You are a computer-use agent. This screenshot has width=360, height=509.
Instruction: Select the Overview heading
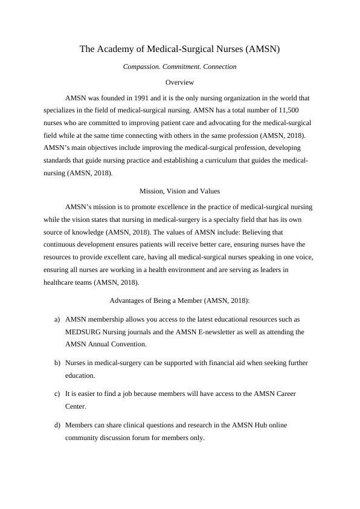tap(179, 82)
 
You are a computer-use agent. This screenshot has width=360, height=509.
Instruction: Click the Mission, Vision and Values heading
tap(179, 190)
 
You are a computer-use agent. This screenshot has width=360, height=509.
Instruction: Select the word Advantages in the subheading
tap(130, 300)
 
